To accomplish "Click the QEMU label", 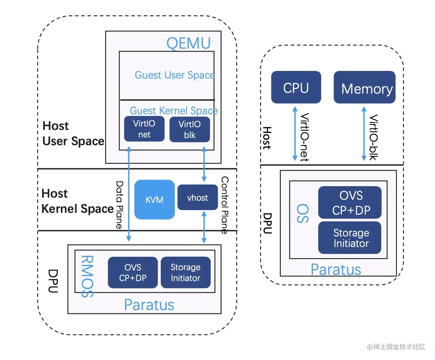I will (x=188, y=43).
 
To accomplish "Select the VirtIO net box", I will (x=144, y=129).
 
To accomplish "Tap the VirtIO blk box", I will (x=189, y=129).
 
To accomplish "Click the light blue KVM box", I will (x=155, y=200).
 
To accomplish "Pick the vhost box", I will (x=197, y=197).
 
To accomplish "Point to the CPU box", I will (x=296, y=87).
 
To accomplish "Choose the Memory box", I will (x=364, y=87).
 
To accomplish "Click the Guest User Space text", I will (x=175, y=75).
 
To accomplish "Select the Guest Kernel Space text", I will (x=173, y=111).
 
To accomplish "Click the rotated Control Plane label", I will (x=225, y=205).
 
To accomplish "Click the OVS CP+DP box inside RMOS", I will (x=133, y=272).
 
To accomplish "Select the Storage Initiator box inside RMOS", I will (x=185, y=272).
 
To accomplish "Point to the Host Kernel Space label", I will (x=77, y=201).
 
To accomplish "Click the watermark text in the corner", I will (x=396, y=347).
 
